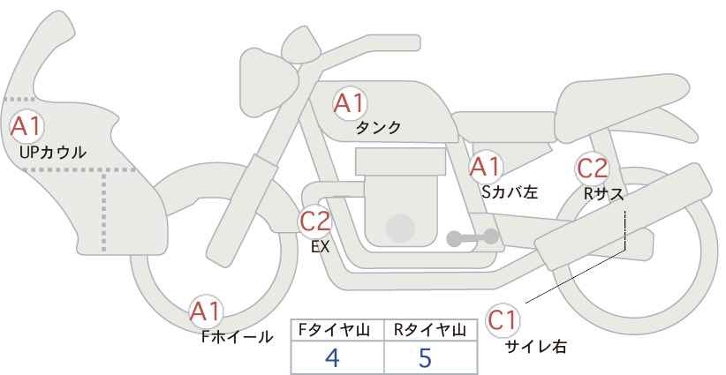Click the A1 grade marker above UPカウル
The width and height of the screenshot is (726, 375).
(x=26, y=127)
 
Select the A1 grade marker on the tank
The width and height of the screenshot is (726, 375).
(x=350, y=103)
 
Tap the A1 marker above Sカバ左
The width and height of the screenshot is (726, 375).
(x=485, y=167)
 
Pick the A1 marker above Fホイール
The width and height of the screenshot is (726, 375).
(x=206, y=311)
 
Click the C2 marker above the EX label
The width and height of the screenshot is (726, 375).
(x=315, y=221)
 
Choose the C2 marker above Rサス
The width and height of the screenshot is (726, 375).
(x=592, y=169)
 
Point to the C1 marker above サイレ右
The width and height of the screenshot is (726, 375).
(x=503, y=320)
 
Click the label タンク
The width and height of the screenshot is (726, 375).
(x=378, y=128)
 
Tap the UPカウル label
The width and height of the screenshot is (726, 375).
(x=53, y=152)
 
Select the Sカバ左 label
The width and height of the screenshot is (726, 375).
(x=510, y=191)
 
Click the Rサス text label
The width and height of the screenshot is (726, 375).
(x=603, y=194)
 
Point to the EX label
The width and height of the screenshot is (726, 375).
(x=320, y=247)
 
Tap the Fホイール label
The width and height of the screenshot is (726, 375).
(x=237, y=337)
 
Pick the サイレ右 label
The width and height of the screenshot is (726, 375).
(x=536, y=347)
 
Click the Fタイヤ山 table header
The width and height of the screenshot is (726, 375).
(x=334, y=330)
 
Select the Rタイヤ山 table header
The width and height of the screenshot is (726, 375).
(x=429, y=330)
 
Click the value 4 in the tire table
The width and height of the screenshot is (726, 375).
(x=333, y=357)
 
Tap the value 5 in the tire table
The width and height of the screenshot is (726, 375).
(x=425, y=357)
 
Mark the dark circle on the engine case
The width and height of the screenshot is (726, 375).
(x=400, y=228)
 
